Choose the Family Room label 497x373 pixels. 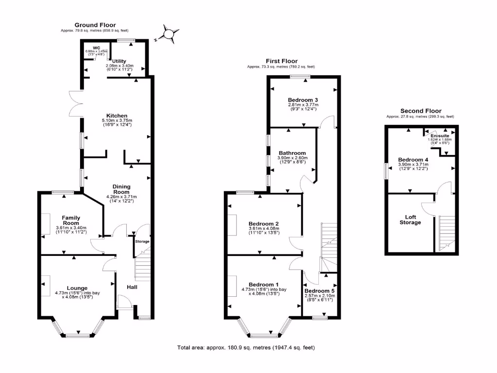pos(71,220)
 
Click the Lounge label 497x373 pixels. pos(74,288)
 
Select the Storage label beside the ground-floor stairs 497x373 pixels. pos(142,241)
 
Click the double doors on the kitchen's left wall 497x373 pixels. pos(75,103)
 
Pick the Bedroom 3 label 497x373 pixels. pos(302,99)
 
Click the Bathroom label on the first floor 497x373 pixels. pos(292,153)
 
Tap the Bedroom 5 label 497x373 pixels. pos(319,290)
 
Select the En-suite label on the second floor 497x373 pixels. pos(440,136)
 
